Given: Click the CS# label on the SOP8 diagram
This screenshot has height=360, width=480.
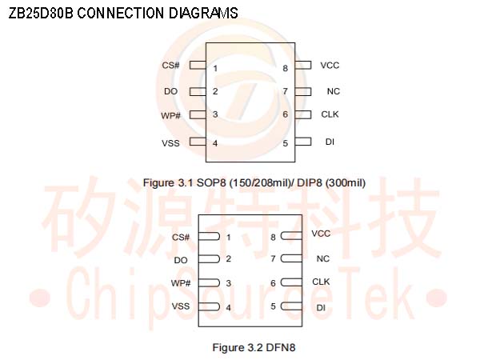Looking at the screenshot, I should (170, 66).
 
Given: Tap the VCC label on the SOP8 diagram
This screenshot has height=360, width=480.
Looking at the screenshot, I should (330, 65).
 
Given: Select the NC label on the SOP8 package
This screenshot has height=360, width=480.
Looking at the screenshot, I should (334, 91).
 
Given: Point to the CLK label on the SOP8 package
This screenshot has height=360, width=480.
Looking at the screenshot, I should (330, 114).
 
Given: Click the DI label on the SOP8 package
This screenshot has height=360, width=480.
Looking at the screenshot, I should (330, 142).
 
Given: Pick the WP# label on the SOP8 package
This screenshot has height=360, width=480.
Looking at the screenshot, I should (170, 115).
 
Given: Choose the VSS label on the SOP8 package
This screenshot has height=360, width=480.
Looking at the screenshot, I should (170, 142).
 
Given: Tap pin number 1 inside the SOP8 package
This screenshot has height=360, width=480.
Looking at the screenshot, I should (215, 68).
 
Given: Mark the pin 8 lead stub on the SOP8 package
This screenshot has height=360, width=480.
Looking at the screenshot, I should (303, 65).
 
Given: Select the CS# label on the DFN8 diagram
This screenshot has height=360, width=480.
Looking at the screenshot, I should (181, 237).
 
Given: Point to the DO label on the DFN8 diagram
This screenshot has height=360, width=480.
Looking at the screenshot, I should (181, 260).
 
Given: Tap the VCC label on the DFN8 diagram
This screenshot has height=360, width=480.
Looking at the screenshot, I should (321, 234).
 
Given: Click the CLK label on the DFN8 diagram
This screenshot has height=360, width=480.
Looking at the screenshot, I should (321, 282).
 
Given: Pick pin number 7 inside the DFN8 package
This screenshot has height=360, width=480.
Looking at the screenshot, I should (273, 259).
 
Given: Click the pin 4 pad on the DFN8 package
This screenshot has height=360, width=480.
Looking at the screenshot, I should (209, 306).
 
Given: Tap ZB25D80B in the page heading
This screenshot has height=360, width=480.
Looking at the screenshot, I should (41, 14).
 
